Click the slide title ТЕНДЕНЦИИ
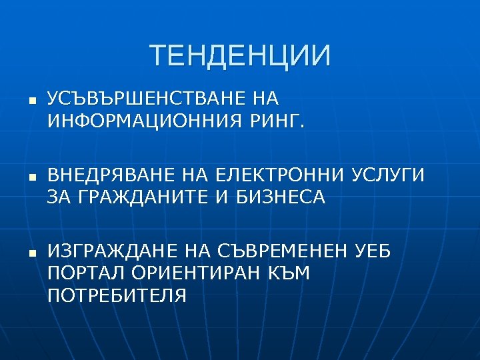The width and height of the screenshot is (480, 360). coord(240,56)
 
